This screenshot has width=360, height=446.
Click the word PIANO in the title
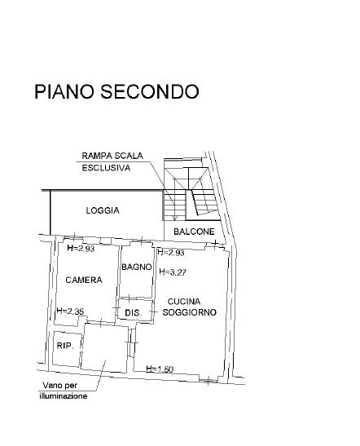click(x=64, y=91)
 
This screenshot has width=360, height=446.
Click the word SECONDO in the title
click(x=149, y=91)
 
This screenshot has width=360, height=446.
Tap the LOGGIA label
click(x=103, y=210)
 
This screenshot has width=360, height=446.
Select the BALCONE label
click(x=194, y=232)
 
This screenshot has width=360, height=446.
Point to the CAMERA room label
click(x=84, y=280)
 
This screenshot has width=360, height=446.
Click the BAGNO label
click(x=137, y=267)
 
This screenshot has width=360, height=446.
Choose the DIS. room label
click(x=134, y=313)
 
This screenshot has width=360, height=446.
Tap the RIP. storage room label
click(x=65, y=346)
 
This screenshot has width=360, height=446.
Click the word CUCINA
click(x=184, y=301)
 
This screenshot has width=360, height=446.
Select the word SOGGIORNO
click(x=189, y=312)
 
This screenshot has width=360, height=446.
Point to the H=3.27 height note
click(x=173, y=272)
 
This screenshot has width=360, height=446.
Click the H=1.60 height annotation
click(x=160, y=369)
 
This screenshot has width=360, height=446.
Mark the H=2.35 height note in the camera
click(x=71, y=311)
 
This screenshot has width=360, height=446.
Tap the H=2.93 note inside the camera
click(x=81, y=249)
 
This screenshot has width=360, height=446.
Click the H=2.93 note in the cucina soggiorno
click(x=171, y=252)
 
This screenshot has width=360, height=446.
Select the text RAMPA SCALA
click(x=112, y=156)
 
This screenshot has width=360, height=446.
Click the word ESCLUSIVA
click(x=106, y=168)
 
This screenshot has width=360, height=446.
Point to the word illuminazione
click(x=64, y=396)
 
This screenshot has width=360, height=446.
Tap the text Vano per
click(x=60, y=386)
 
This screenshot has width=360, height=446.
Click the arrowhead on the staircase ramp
click(x=175, y=218)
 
